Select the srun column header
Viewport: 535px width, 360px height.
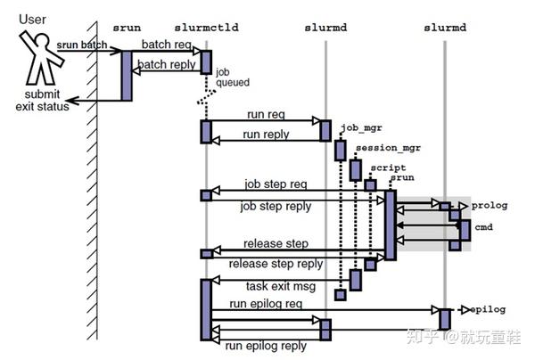[x=127, y=28]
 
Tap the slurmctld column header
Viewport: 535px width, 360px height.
[x=207, y=28]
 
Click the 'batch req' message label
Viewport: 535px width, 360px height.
[x=167, y=45]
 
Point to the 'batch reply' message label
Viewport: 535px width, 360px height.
[x=167, y=64]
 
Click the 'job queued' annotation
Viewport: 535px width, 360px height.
[x=233, y=78]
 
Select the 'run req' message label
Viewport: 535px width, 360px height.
[x=266, y=114]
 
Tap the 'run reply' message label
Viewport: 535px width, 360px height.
[x=266, y=135]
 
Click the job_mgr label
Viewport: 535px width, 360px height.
[x=361, y=127]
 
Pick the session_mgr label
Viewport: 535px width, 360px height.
[x=388, y=148]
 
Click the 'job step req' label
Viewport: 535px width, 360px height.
[x=276, y=184]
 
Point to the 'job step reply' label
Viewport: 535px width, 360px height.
[x=276, y=206]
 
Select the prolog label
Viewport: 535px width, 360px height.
[x=490, y=206]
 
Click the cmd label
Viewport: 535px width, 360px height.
[x=483, y=227]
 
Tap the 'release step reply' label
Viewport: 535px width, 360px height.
[x=276, y=264]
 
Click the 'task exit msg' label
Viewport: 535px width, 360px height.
[x=281, y=286]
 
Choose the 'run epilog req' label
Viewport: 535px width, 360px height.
[x=266, y=303]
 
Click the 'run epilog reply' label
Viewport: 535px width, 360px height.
[x=266, y=346]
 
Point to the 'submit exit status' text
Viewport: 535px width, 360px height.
[x=42, y=100]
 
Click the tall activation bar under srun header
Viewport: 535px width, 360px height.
[x=127, y=76]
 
